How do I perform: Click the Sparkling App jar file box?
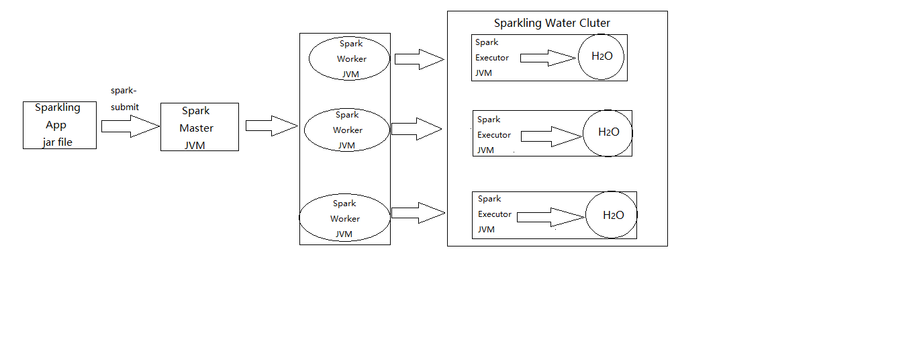(x=59, y=125)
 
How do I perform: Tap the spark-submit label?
(x=125, y=99)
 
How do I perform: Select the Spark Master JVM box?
(x=199, y=127)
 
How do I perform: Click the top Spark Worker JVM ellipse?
(x=349, y=59)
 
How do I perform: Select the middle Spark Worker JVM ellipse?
(x=346, y=130)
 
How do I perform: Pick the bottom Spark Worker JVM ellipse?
(x=344, y=219)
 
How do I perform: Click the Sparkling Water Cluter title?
(x=552, y=23)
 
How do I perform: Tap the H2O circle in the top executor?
(x=602, y=56)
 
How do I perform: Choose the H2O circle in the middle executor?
(x=608, y=132)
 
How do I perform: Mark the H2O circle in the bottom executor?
(x=613, y=216)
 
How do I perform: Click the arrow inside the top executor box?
(x=548, y=58)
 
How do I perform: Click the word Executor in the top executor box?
(x=492, y=58)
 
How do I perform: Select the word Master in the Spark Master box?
(x=197, y=128)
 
